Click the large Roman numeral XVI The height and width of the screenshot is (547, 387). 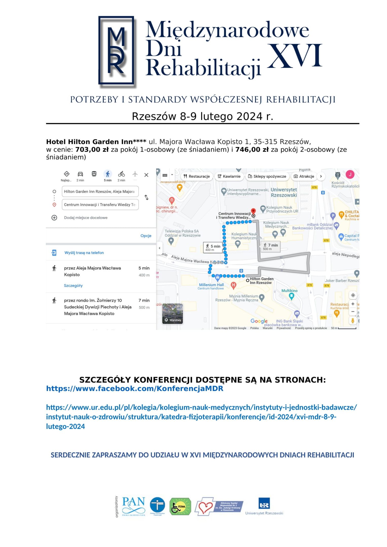(x=294, y=56)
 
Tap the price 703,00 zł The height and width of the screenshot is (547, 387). (x=92, y=150)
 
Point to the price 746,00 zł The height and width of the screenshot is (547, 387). (x=252, y=150)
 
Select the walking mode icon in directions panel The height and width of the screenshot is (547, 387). (x=108, y=174)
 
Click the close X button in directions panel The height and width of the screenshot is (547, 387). (x=146, y=175)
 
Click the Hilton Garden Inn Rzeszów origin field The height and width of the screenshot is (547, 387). (x=100, y=191)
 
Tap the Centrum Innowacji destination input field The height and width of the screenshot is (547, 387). (x=100, y=205)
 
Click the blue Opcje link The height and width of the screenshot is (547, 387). (x=146, y=236)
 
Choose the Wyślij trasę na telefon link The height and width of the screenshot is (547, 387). (x=84, y=253)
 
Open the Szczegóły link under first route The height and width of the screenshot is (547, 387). (x=73, y=286)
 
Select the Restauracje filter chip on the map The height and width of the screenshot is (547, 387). (x=197, y=177)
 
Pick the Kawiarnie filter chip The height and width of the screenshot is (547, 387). (x=229, y=177)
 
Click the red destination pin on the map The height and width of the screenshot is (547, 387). (x=253, y=211)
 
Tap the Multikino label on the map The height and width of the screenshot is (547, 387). (x=289, y=291)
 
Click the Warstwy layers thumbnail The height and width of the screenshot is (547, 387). (x=173, y=314)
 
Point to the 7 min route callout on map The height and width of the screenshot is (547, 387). (x=270, y=247)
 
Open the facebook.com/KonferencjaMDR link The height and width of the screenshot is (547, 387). (x=135, y=389)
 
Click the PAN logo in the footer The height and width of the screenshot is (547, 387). (x=134, y=506)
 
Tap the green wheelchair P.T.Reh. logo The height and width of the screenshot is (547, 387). (x=180, y=506)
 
